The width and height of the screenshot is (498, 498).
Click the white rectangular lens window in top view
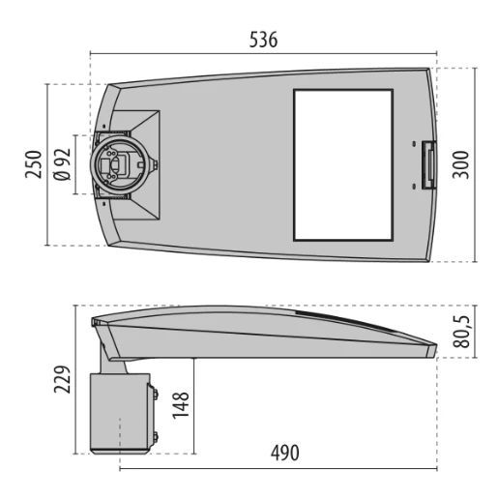point(343,164)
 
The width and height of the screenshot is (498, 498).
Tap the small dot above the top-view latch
point(417,144)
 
